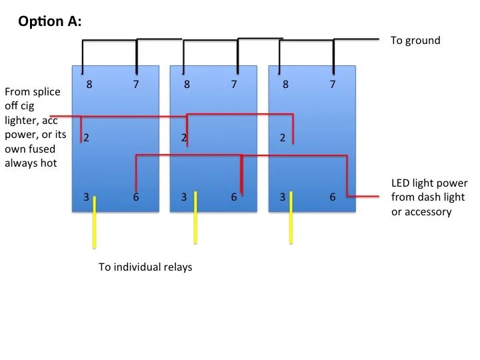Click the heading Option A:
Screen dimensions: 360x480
click(x=49, y=21)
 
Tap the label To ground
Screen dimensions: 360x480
click(x=415, y=41)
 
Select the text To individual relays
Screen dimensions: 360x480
click(x=145, y=267)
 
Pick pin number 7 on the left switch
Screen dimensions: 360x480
click(x=135, y=85)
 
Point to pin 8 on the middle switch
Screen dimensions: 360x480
click(x=187, y=85)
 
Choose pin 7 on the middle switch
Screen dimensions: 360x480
click(x=234, y=85)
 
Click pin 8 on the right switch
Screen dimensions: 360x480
click(x=285, y=85)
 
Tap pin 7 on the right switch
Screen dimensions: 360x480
click(x=332, y=85)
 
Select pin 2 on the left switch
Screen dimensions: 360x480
click(x=87, y=138)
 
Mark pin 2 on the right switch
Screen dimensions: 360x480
click(x=283, y=138)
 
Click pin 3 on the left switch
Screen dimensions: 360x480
click(x=87, y=197)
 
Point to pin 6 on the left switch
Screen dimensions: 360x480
click(x=135, y=197)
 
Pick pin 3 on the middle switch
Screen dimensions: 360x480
click(x=185, y=197)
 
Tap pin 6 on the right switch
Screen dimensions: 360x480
click(x=332, y=197)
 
